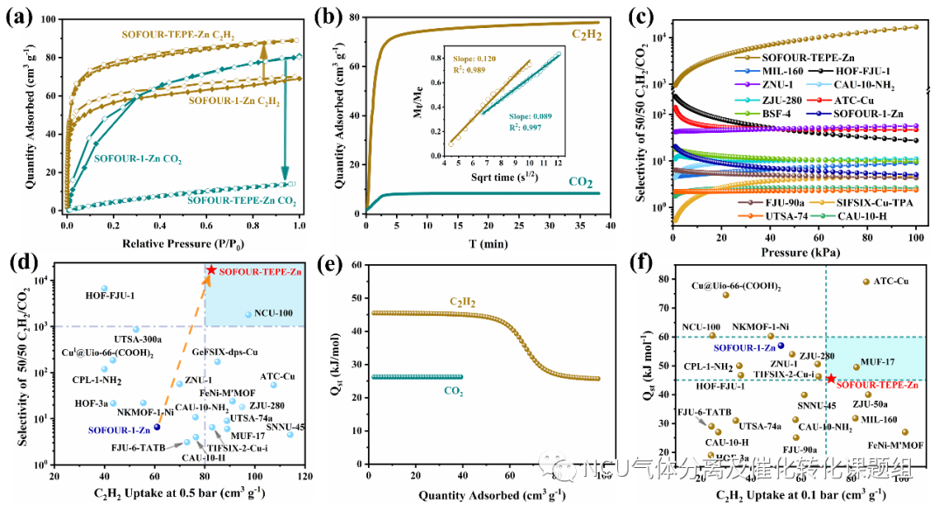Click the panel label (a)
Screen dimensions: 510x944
19,15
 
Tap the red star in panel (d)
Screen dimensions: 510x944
212,270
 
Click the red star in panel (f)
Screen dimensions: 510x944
830,378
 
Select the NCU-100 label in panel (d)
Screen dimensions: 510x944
274,312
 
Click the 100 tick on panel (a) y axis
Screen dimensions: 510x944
52,19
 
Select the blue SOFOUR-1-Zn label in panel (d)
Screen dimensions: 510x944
117,429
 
